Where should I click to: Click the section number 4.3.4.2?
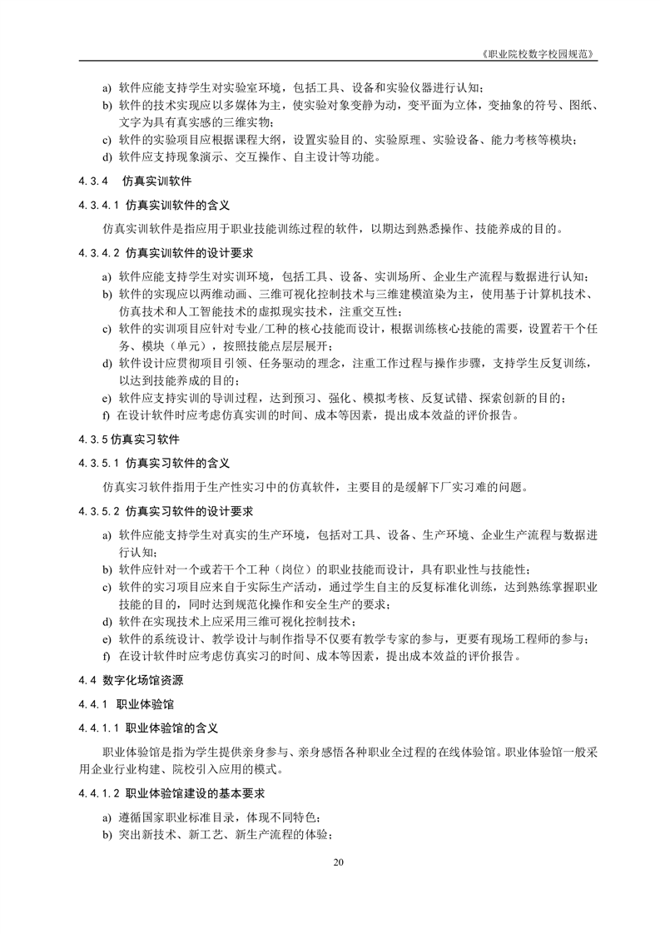pos(100,252)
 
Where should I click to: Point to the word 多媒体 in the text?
pos(241,106)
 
